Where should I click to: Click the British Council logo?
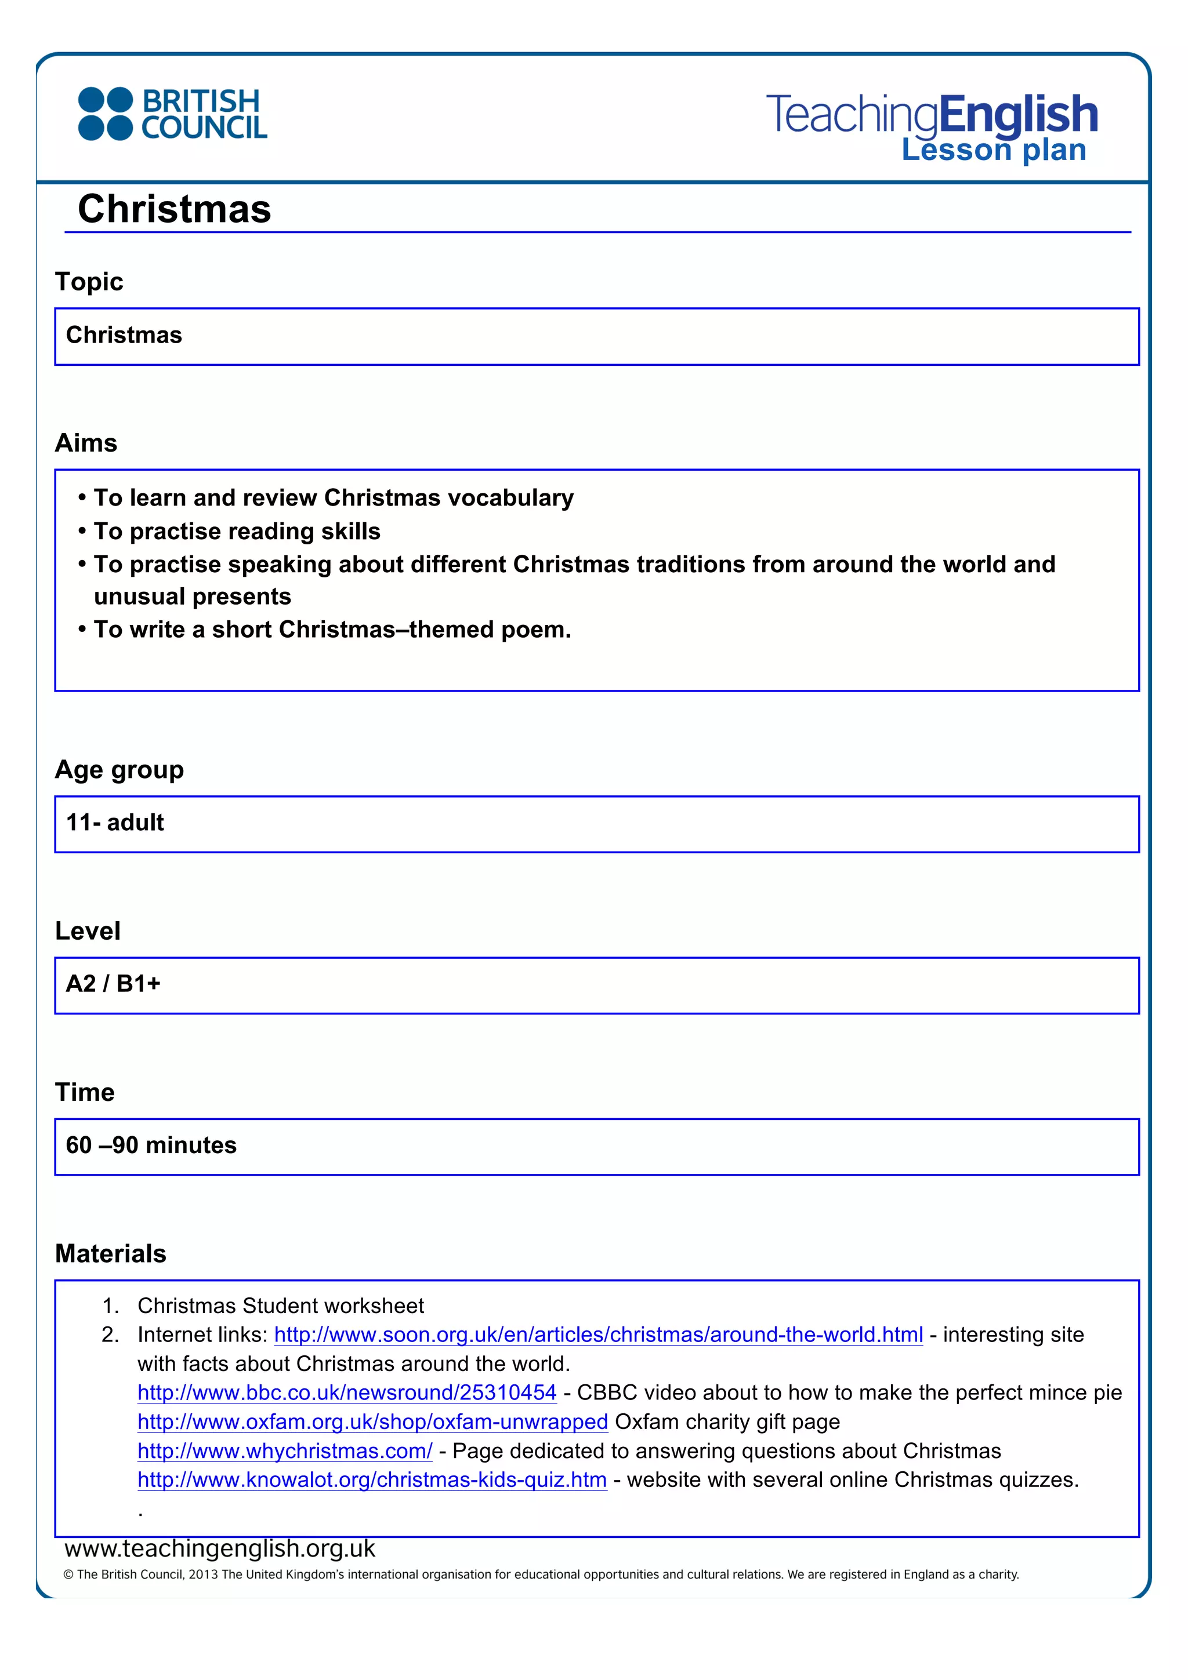[x=173, y=114]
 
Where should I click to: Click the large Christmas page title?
[x=174, y=209]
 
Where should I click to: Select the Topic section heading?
[x=89, y=282]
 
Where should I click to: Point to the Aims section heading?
[x=86, y=443]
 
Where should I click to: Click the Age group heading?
[x=119, y=770]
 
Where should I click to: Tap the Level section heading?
[x=88, y=931]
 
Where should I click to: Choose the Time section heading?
[x=85, y=1092]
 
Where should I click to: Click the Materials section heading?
[x=111, y=1253]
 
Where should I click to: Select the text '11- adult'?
[x=115, y=823]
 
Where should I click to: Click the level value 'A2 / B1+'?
[x=113, y=983]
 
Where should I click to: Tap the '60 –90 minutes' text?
[x=151, y=1145]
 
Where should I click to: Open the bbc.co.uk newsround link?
[x=347, y=1392]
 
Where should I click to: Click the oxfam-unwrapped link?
[x=372, y=1421]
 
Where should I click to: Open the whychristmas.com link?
[x=285, y=1451]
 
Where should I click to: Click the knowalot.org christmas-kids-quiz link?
[x=372, y=1479]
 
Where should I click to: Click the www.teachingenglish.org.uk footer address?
[x=220, y=1549]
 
